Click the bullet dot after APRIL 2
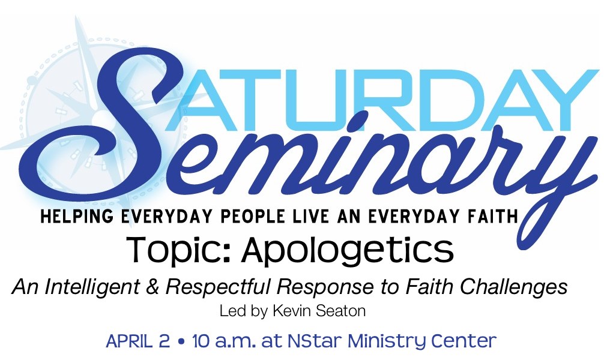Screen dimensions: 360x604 pos(181,342)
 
